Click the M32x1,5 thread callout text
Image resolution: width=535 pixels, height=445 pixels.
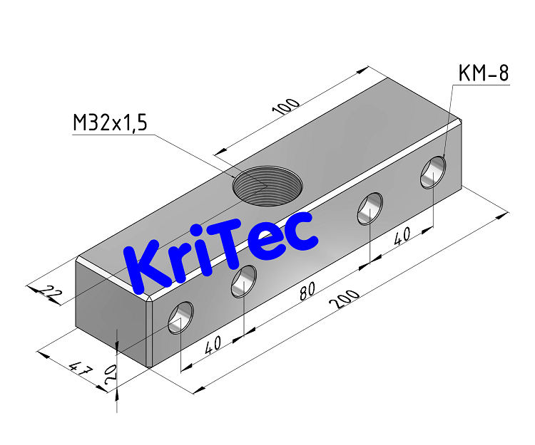[110, 123]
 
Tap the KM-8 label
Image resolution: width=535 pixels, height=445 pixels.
[484, 74]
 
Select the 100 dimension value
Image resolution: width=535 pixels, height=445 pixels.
[287, 108]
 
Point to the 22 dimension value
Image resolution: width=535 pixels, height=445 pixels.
[49, 291]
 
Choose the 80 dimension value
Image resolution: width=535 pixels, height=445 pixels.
[307, 291]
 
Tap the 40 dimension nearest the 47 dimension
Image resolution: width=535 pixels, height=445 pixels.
[213, 344]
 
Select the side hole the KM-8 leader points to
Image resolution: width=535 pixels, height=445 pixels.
[433, 173]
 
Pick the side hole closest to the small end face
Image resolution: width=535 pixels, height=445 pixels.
[180, 317]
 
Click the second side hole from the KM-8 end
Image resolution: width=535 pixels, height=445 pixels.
[370, 209]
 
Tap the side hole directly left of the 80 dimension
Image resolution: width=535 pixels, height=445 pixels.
[244, 281]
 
